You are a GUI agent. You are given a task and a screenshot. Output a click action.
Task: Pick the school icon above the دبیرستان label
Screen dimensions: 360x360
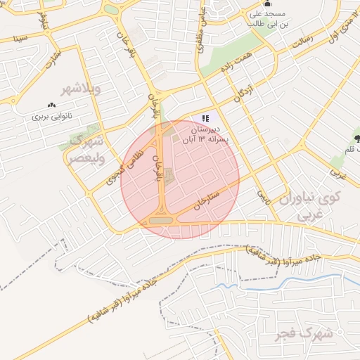pos(205,119)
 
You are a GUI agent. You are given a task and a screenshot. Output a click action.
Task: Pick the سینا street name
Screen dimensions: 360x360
pos(20,37)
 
